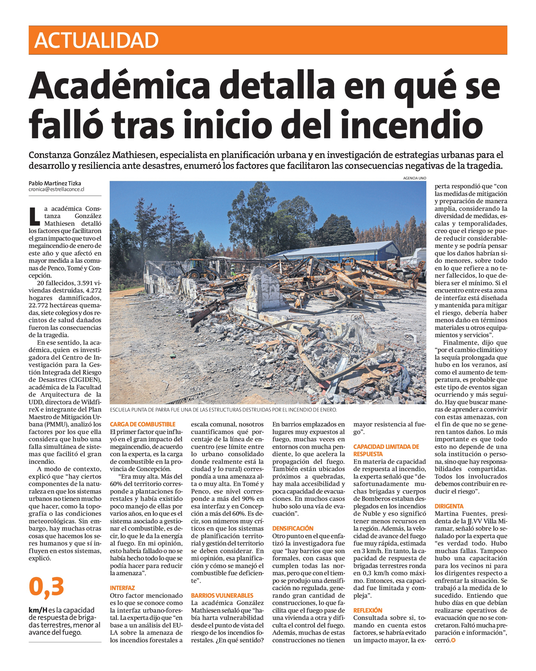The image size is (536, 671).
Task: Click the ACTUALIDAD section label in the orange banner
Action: (x=96, y=40)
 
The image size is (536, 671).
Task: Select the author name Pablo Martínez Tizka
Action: (x=55, y=183)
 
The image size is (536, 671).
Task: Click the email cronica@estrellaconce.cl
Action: (x=56, y=189)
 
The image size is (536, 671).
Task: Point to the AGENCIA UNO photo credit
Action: (x=414, y=178)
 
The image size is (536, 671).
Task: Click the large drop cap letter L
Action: (x=34, y=216)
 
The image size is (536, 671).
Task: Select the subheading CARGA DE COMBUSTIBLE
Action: (x=143, y=424)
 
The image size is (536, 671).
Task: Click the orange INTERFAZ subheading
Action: (x=122, y=588)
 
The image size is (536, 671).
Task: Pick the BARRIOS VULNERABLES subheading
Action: (x=222, y=595)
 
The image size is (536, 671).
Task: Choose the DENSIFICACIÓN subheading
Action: (x=293, y=528)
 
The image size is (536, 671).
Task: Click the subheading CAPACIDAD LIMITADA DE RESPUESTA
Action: (x=386, y=450)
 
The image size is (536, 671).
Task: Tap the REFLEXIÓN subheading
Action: (x=368, y=610)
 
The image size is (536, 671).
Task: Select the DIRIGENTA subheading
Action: (x=449, y=506)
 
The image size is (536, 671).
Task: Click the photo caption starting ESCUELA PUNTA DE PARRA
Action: (x=223, y=410)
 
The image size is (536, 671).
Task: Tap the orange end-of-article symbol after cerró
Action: (x=453, y=640)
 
